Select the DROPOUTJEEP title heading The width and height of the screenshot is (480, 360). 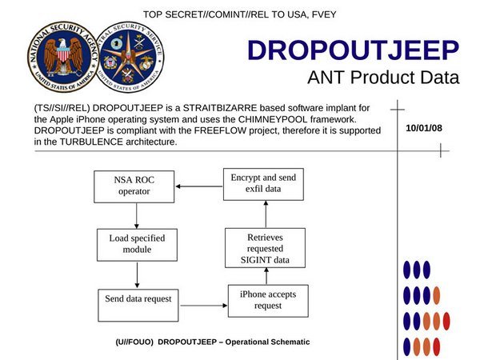[353, 50]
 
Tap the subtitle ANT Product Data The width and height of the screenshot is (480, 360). [383, 78]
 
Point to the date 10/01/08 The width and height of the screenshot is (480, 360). [424, 128]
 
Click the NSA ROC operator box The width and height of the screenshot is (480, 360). [134, 186]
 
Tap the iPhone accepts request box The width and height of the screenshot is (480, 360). [268, 300]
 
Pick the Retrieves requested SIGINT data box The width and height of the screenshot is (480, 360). [264, 249]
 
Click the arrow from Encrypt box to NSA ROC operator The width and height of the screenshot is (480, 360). [198, 186]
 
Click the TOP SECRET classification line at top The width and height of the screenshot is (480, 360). [241, 14]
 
